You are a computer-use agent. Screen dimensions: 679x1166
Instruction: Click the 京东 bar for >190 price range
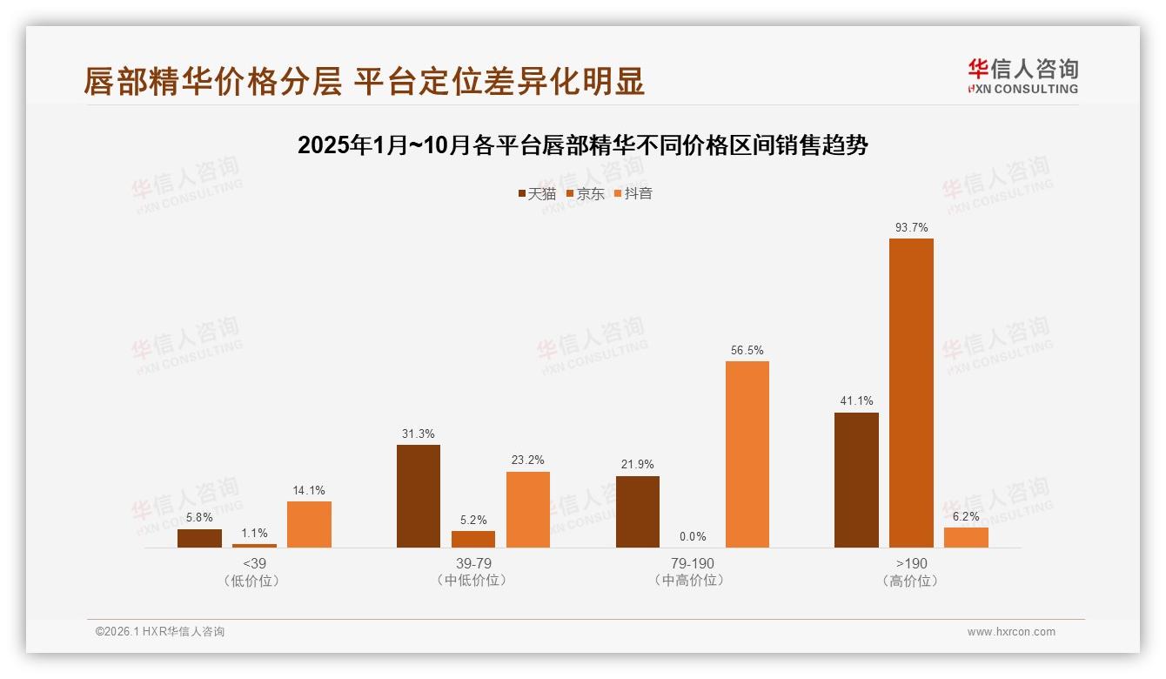coord(911,393)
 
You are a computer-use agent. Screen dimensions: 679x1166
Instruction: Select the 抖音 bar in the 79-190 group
coord(747,454)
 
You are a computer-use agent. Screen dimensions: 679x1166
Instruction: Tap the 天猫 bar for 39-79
coord(419,496)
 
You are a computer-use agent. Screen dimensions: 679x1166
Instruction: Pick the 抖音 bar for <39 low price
coord(309,524)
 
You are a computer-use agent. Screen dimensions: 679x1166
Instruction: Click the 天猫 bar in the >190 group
coord(856,480)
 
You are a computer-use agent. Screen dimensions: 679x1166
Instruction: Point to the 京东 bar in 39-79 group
coord(473,539)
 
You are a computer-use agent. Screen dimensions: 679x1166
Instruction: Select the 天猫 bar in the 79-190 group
coord(638,512)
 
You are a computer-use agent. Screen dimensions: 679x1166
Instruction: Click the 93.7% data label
coord(911,227)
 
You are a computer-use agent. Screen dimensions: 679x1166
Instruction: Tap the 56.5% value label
coord(747,350)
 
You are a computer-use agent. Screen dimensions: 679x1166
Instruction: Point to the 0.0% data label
coord(693,536)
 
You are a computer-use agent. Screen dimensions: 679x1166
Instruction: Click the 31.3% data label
coord(419,434)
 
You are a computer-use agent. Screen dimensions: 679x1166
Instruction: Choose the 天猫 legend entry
coord(537,194)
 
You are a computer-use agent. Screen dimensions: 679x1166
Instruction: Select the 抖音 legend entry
coord(633,194)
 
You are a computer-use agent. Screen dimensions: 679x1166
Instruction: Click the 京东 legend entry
coord(586,194)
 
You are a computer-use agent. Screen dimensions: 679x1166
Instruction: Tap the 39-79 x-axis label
coord(473,563)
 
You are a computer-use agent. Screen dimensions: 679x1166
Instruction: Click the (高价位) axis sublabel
coord(910,581)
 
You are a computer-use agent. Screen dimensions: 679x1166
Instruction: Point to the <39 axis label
coord(254,563)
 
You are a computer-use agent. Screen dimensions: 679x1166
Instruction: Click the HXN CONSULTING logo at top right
coord(1022,77)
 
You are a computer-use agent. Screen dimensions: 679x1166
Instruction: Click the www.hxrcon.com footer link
coord(1011,632)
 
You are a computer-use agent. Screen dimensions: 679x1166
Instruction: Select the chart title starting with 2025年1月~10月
coord(583,145)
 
